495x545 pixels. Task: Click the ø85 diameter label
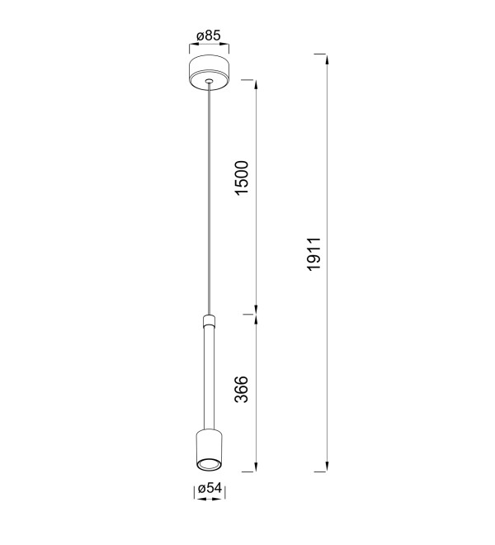[209, 36]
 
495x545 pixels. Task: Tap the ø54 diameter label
[210, 488]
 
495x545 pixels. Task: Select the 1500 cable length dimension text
[242, 178]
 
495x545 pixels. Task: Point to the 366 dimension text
[242, 389]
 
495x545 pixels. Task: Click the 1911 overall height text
[314, 254]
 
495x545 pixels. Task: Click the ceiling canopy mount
[209, 73]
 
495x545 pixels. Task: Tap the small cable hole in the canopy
[209, 81]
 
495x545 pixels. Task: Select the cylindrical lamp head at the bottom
[209, 451]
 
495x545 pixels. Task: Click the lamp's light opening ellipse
[209, 464]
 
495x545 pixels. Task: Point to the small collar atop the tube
[209, 320]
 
